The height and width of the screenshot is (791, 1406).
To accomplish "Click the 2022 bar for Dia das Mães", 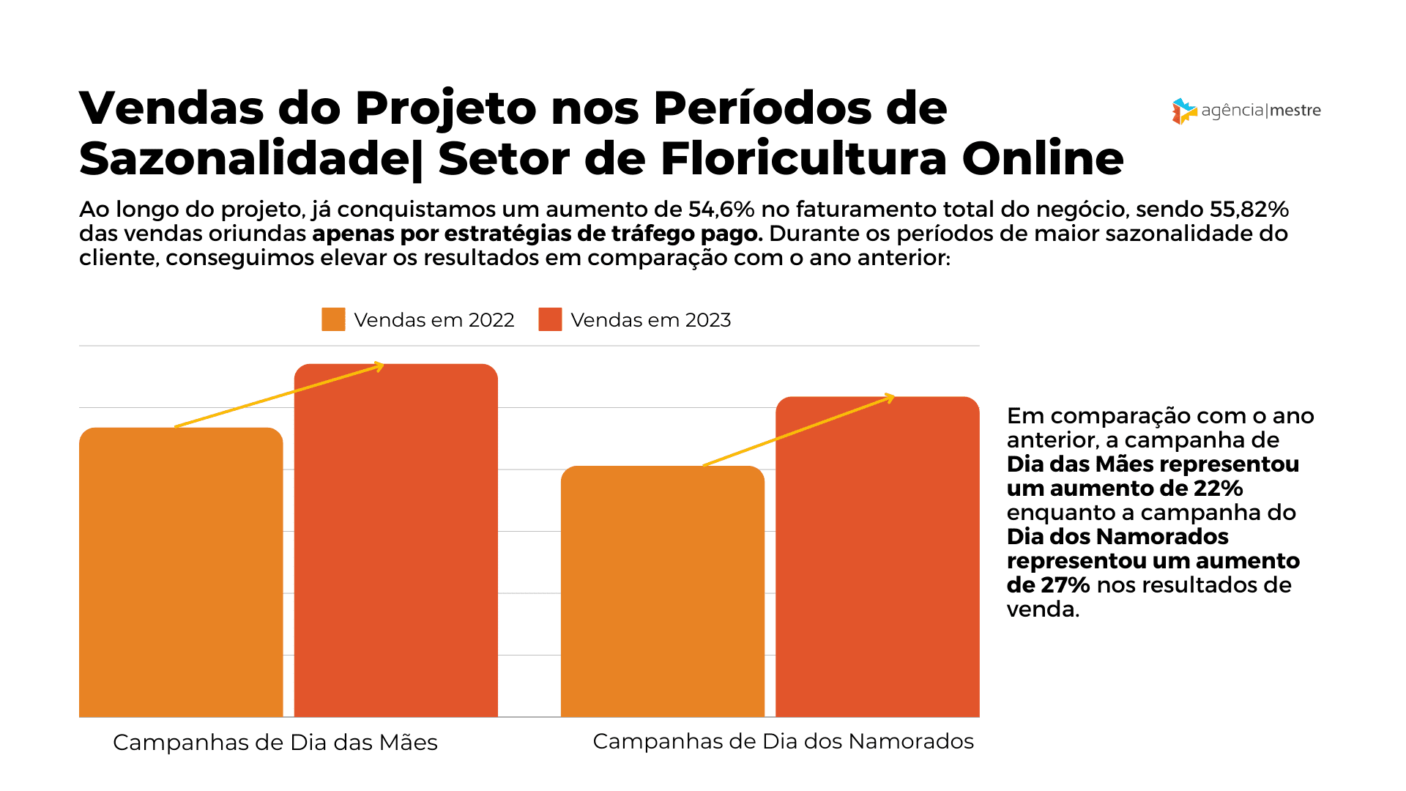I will coord(181,571).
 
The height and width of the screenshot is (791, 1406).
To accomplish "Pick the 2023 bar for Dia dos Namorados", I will coord(877,557).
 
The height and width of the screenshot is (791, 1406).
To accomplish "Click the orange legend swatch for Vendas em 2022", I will coord(333,319).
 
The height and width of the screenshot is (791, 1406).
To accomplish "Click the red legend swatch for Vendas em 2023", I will coord(550,319).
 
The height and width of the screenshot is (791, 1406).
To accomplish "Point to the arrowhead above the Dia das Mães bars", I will coord(379,366).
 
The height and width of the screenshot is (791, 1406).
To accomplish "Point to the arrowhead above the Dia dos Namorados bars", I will coord(890,398).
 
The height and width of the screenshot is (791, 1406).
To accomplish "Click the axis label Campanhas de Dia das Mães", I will coord(275,742).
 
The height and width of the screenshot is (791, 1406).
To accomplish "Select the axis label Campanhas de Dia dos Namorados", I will coord(783,740).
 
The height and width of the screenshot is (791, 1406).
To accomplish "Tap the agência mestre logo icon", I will coord(1183,111).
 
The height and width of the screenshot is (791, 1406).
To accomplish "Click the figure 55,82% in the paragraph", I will coord(1249,209).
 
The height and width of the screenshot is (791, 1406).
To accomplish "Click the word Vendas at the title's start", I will coord(171,108).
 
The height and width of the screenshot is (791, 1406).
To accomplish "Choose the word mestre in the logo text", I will coord(1295,111).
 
